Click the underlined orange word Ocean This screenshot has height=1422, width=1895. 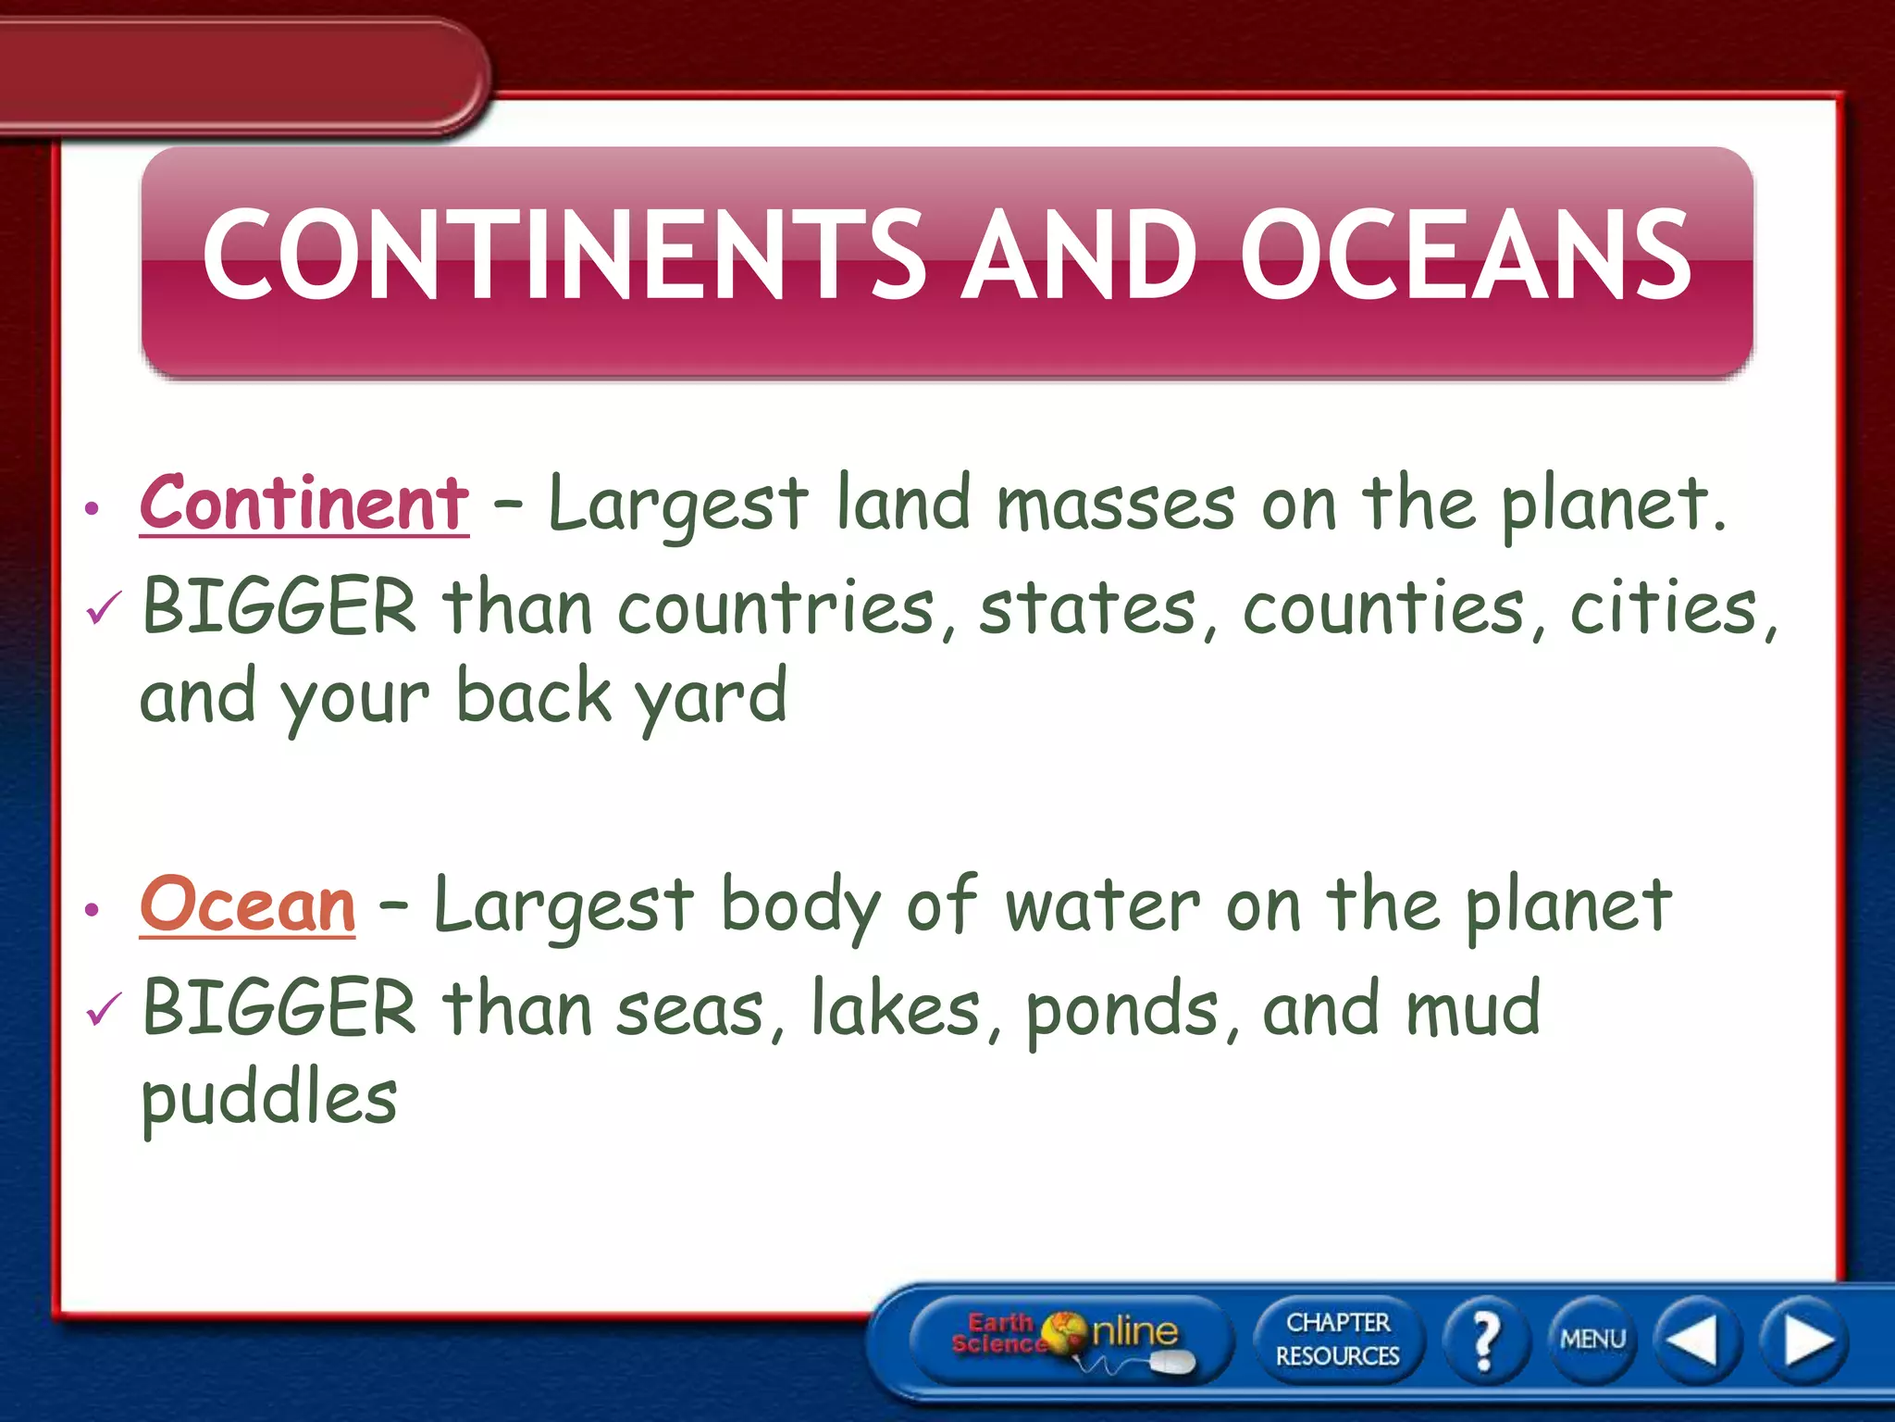coord(247,904)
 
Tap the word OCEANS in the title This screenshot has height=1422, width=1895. coord(1465,255)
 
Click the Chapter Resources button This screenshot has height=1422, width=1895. coord(1337,1339)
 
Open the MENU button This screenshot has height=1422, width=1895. coord(1592,1339)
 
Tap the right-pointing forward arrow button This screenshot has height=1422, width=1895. coord(1805,1340)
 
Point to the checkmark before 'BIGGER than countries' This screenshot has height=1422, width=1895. coord(102,608)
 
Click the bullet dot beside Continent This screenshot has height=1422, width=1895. coord(91,508)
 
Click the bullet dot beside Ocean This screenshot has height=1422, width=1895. coord(91,910)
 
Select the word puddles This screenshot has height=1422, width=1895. coord(268,1100)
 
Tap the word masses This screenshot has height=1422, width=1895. coord(1115,505)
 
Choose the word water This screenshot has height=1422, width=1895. coord(1102,906)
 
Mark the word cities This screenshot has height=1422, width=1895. coord(1672,608)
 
